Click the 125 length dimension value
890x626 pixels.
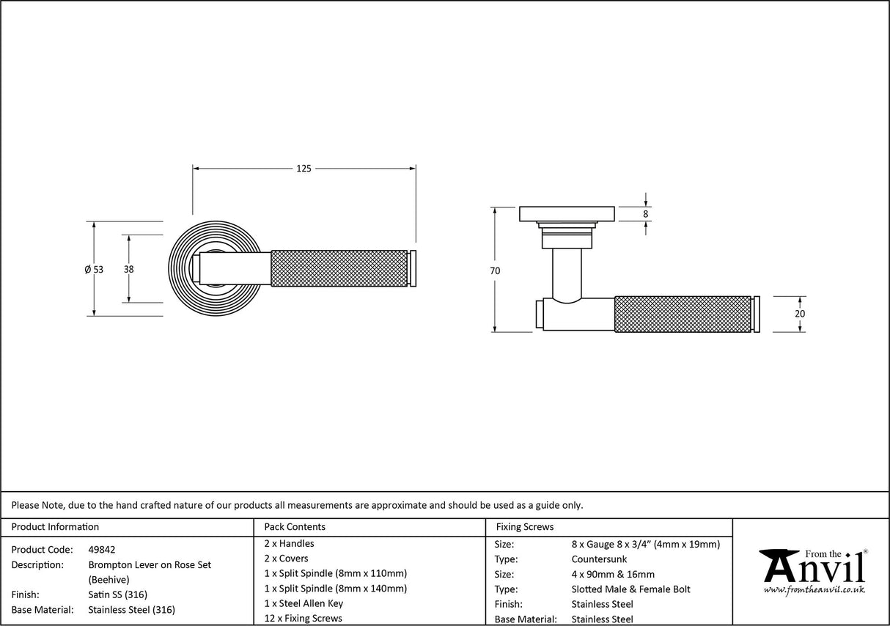[x=304, y=169]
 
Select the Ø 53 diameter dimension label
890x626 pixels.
[x=94, y=269]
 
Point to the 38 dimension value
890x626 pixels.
[x=129, y=269]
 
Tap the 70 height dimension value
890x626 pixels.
[x=495, y=270]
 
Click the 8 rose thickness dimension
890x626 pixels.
[x=645, y=214]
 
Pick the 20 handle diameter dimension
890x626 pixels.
[x=800, y=314]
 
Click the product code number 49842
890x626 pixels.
[x=102, y=549]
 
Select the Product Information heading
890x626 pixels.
[x=55, y=526]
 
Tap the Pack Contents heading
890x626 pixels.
[x=295, y=526]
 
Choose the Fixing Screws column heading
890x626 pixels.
[x=525, y=526]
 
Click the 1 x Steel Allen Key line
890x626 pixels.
[x=304, y=603]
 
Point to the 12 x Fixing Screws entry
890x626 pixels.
[x=303, y=618]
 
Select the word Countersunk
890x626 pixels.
[x=599, y=559]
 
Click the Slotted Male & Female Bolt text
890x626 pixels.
[x=630, y=589]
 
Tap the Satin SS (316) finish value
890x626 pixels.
[x=118, y=594]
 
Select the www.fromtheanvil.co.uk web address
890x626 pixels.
[x=814, y=589]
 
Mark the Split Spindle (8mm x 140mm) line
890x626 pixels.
[x=335, y=588]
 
